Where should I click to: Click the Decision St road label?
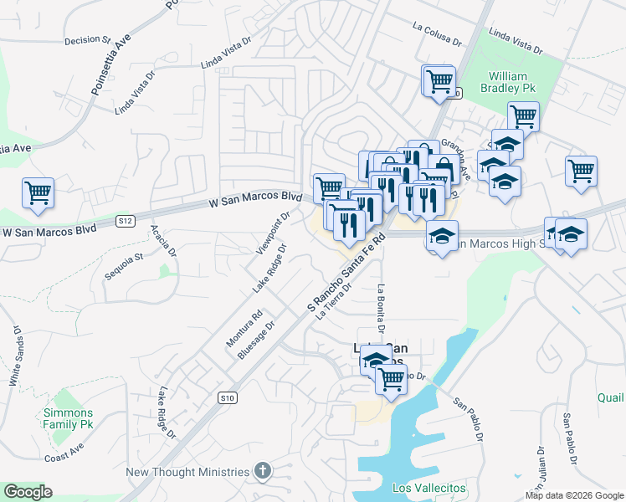[x=88, y=39]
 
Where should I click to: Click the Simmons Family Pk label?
[x=69, y=418]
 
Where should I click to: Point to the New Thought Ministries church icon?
[x=262, y=472]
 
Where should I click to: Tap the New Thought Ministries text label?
[x=187, y=472]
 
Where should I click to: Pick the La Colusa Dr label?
[x=437, y=33]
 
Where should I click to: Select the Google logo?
[x=28, y=492]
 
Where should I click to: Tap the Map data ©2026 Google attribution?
[x=574, y=495]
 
